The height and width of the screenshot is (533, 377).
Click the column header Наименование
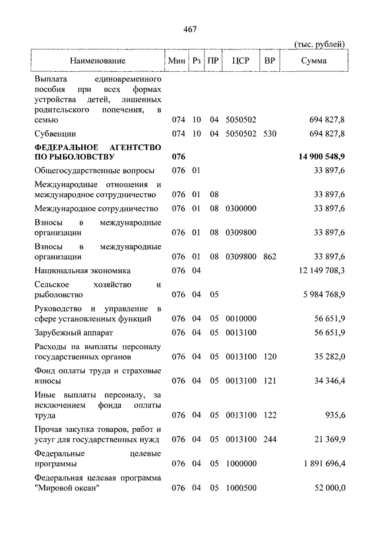tap(97, 61)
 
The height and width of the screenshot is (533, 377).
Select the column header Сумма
tap(314, 61)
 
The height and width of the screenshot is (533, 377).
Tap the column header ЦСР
tap(241, 61)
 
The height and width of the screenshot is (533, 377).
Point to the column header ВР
tap(270, 61)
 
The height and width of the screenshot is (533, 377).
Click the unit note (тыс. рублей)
tap(319, 44)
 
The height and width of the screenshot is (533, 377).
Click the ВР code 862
tap(270, 257)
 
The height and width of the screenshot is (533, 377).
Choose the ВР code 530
tap(270, 134)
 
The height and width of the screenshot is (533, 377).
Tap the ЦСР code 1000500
tap(241, 488)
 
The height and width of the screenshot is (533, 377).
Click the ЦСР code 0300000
tap(241, 208)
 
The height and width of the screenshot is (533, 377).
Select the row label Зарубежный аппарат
tap(74, 333)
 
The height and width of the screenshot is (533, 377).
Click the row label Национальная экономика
tap(82, 270)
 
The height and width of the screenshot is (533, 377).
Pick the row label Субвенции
tap(55, 134)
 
